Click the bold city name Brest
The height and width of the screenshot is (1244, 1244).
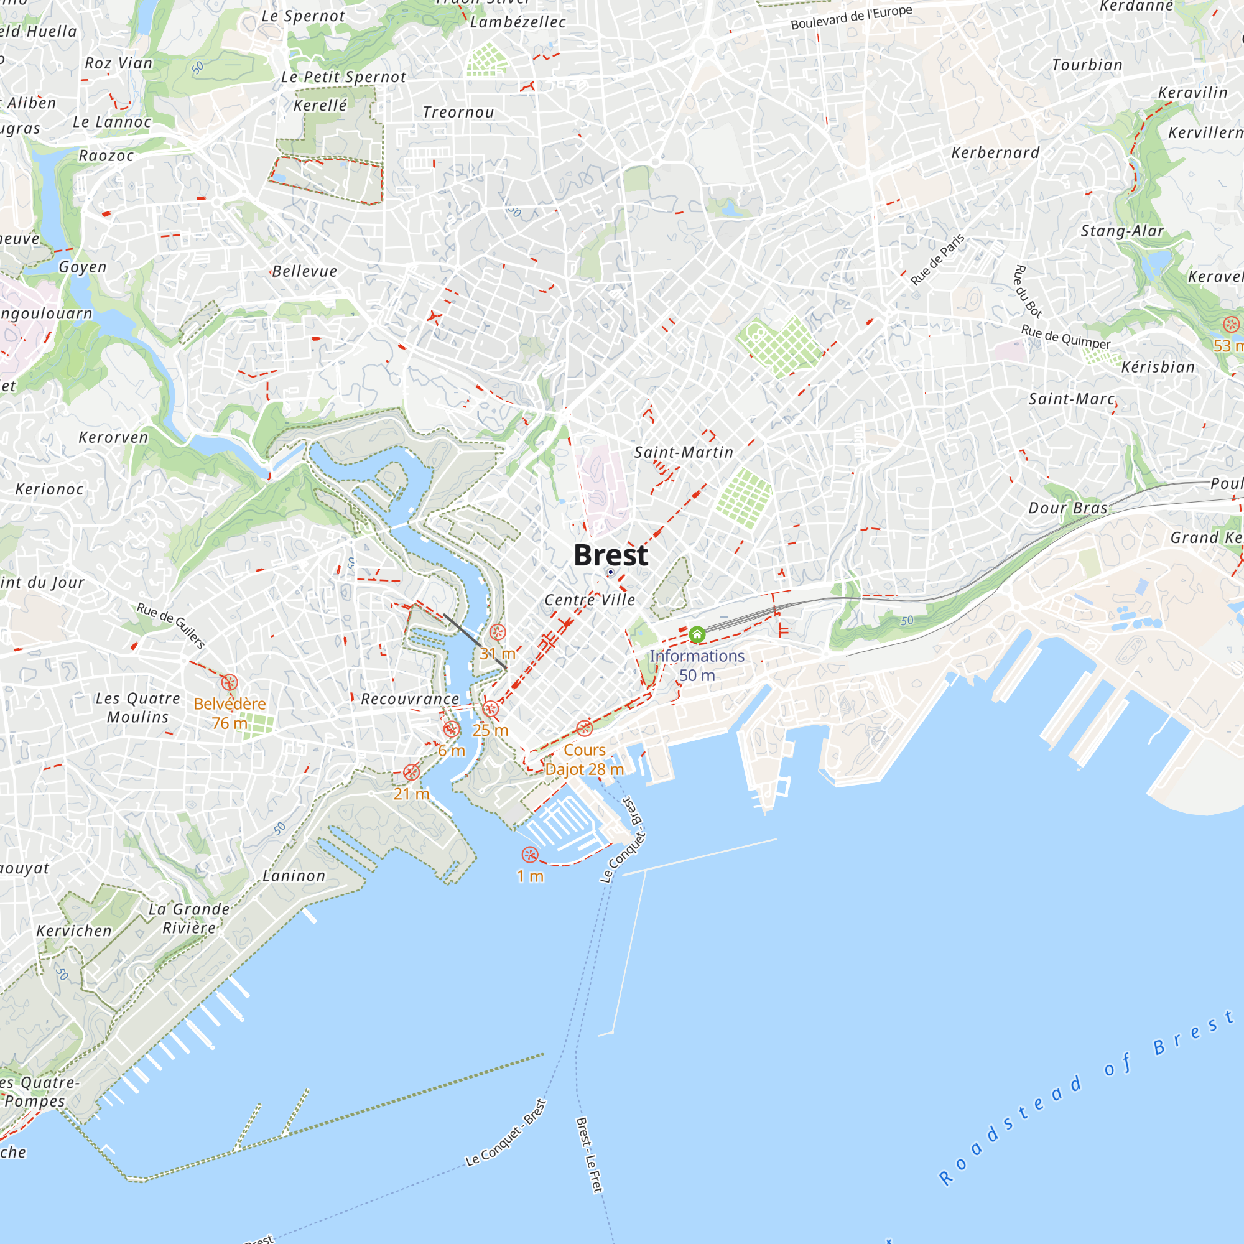pyautogui.click(x=610, y=555)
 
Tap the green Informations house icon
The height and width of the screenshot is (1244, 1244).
pyautogui.click(x=697, y=635)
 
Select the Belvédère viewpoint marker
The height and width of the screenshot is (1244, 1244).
pyautogui.click(x=230, y=682)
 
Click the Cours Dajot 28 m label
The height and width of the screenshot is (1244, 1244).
pyautogui.click(x=585, y=760)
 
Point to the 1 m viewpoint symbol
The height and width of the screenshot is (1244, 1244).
pyautogui.click(x=529, y=855)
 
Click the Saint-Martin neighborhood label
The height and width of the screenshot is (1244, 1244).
pyautogui.click(x=684, y=453)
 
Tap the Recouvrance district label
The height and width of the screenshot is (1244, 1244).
pyautogui.click(x=410, y=699)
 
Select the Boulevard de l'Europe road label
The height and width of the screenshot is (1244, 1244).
pyautogui.click(x=852, y=18)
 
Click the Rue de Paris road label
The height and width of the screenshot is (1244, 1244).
pyautogui.click(x=937, y=260)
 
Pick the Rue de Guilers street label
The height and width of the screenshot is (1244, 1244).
pyautogui.click(x=170, y=625)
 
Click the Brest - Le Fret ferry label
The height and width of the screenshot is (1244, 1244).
pyautogui.click(x=589, y=1155)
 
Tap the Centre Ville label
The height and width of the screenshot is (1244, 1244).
pyautogui.click(x=590, y=600)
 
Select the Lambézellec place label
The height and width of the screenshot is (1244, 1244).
pyautogui.click(x=518, y=22)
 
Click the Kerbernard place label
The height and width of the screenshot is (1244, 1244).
pyautogui.click(x=995, y=153)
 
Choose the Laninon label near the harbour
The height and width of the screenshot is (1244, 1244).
pyautogui.click(x=294, y=876)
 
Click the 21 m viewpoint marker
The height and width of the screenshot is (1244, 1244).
pyautogui.click(x=411, y=772)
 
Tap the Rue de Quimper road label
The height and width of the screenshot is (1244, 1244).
pyautogui.click(x=1065, y=337)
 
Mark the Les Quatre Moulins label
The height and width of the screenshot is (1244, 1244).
pyautogui.click(x=138, y=708)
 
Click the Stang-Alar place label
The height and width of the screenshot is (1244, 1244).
pyautogui.click(x=1122, y=231)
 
